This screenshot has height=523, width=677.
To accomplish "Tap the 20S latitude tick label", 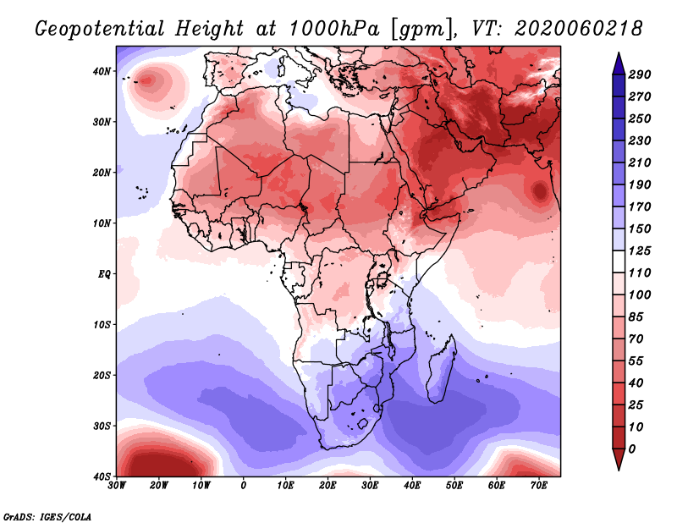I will [x=102, y=375].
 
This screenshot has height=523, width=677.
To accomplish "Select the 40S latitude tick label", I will [x=102, y=476].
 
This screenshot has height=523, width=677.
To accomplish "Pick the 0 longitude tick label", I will [x=244, y=486].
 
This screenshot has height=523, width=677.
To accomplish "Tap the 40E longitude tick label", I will [x=412, y=486].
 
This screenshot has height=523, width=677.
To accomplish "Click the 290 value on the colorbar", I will [x=640, y=75].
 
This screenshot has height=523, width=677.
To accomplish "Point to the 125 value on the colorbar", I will [x=640, y=250].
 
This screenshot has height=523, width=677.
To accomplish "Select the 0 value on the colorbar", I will [x=632, y=448].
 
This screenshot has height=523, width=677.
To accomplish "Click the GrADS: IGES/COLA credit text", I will [x=47, y=515].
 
